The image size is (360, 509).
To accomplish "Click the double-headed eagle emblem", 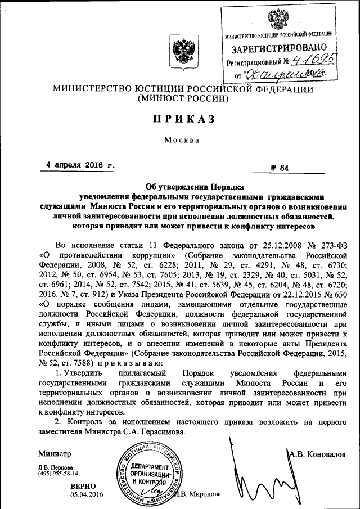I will (x=183, y=55).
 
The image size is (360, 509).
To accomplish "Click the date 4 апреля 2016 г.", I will (x=80, y=166).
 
